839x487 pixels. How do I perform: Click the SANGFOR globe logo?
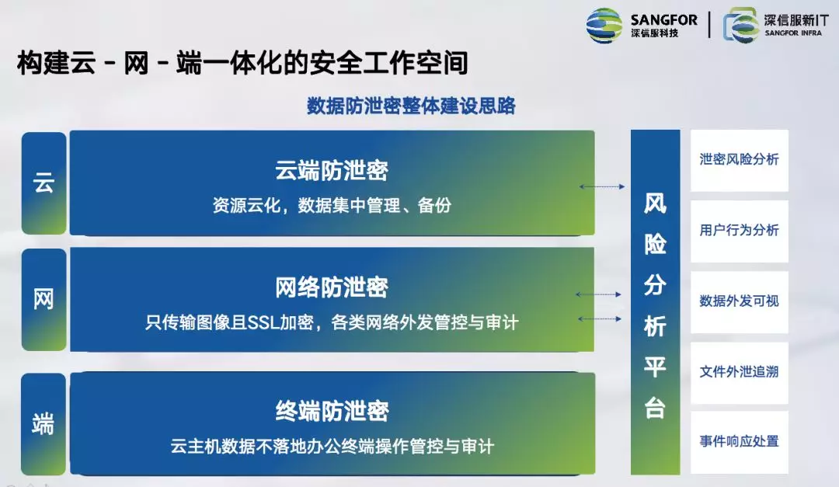point(604,25)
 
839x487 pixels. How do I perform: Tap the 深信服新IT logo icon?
point(740,25)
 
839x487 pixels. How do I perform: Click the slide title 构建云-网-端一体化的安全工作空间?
point(242,63)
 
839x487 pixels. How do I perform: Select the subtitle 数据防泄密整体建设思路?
point(411,106)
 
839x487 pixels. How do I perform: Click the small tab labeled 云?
point(44,183)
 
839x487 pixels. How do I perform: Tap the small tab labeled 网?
point(44,299)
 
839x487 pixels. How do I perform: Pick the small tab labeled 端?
point(44,424)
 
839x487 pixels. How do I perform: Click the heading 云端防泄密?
point(332,170)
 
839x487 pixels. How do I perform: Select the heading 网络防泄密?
point(332,287)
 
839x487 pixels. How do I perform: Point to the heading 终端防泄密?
point(332,411)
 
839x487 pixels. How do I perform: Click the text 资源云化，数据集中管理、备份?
point(332,205)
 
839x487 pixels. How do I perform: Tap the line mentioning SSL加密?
point(332,322)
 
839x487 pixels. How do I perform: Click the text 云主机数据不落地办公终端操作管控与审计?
point(332,446)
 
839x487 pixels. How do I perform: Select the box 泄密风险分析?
point(739,160)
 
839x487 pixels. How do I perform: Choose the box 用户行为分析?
point(739,231)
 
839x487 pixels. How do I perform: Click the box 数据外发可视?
point(739,302)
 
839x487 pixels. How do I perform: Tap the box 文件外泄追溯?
point(739,373)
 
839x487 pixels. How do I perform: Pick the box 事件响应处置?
point(739,442)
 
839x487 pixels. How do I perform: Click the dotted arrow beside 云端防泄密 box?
point(602,186)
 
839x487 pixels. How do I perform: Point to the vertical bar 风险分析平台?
point(655,302)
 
